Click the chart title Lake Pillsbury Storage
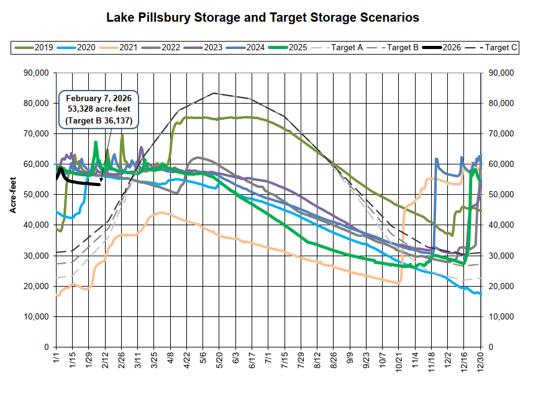point(263,17)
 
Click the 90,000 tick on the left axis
point(35,73)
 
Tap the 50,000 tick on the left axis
point(35,195)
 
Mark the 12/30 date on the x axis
point(481,362)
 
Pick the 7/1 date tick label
point(268,359)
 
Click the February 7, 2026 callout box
point(99,109)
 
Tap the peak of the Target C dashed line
point(214,93)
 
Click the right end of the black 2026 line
point(100,184)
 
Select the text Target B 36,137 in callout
point(99,120)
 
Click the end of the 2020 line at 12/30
point(480,294)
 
